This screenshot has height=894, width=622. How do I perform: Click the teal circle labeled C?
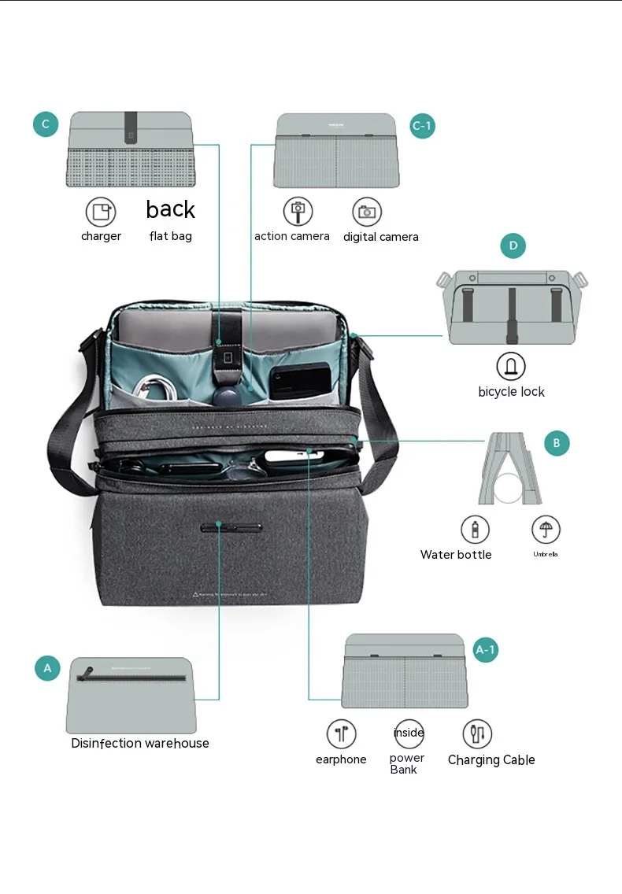click(x=46, y=124)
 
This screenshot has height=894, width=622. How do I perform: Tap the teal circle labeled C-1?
click(x=422, y=125)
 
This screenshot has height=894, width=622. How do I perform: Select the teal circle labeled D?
click(x=513, y=246)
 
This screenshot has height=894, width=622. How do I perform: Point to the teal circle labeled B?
click(x=556, y=443)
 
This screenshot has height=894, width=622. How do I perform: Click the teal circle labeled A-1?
click(x=485, y=649)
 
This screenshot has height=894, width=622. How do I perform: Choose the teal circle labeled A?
click(x=47, y=668)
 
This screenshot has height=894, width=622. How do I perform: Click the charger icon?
click(x=100, y=212)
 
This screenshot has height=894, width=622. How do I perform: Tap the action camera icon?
click(x=298, y=211)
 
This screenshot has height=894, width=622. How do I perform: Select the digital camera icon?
click(x=366, y=212)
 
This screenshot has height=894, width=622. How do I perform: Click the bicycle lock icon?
click(x=511, y=366)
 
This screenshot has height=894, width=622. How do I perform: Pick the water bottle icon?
click(x=475, y=529)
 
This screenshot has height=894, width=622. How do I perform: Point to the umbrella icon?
click(x=545, y=529)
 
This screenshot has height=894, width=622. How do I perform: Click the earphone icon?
click(x=341, y=734)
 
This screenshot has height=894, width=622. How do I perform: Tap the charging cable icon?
click(x=476, y=734)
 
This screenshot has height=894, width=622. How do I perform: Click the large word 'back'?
click(x=170, y=209)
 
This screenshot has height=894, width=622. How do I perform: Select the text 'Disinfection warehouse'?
click(x=140, y=743)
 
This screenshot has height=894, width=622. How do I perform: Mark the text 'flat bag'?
click(x=170, y=236)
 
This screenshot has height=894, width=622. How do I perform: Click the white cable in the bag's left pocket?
click(x=155, y=386)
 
